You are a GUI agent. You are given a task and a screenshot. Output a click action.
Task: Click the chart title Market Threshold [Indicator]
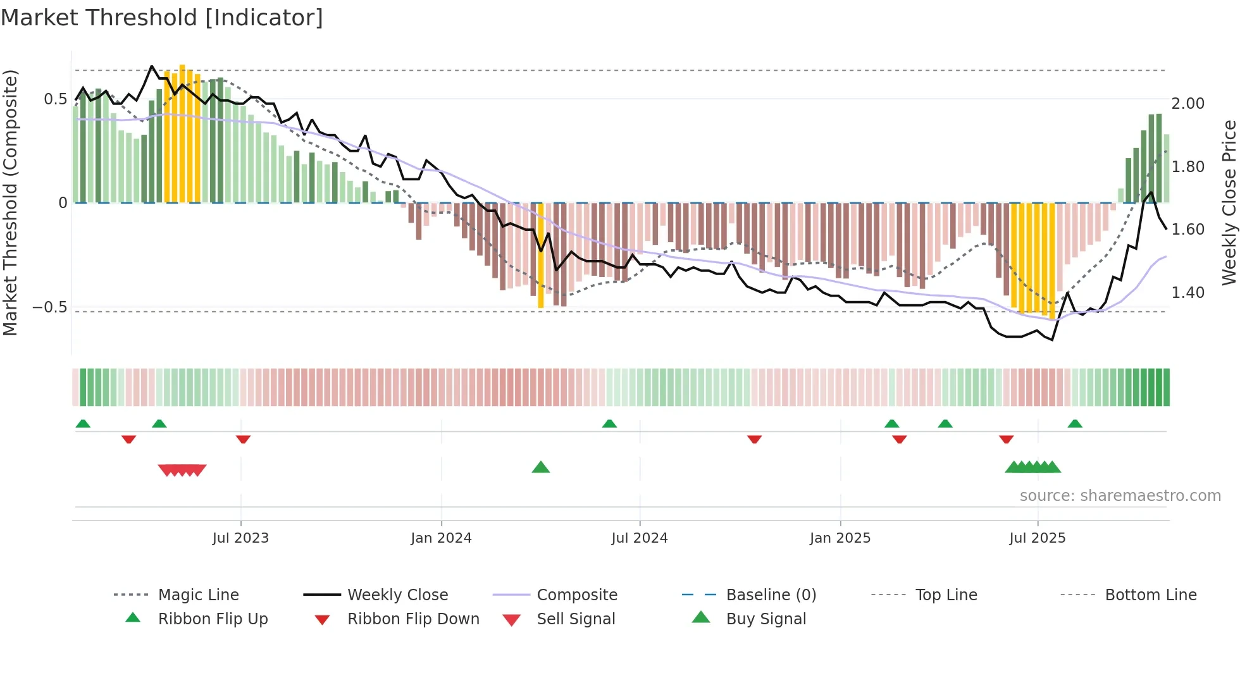pos(162,18)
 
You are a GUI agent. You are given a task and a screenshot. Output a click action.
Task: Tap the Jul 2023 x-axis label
pos(240,538)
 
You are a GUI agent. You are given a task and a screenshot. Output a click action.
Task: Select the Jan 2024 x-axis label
pos(441,538)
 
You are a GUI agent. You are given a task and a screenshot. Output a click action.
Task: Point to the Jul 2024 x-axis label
pos(639,538)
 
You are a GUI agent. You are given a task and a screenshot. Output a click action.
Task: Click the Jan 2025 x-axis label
pos(840,538)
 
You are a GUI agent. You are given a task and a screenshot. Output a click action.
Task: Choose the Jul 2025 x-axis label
pos(1037,538)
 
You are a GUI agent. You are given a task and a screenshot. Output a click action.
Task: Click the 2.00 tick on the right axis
pos(1187,104)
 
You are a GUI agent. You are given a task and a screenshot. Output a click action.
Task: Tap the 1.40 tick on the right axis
pos(1187,293)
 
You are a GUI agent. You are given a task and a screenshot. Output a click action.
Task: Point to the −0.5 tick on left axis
pos(49,307)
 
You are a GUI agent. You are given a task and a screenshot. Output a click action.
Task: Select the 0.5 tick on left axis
pos(55,99)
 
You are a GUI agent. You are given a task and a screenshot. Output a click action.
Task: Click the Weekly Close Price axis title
pos(1229,202)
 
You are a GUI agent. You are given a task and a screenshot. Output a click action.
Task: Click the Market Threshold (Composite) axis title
pos(10,202)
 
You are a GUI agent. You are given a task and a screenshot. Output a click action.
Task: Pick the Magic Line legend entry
pos(198,595)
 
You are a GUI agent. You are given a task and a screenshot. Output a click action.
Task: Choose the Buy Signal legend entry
pos(766,619)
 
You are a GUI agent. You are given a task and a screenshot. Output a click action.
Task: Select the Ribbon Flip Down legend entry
pos(412,619)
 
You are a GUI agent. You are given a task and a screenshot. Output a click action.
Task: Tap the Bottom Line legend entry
pos(1150,595)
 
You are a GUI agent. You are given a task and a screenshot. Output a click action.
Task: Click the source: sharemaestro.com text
pos(1120,496)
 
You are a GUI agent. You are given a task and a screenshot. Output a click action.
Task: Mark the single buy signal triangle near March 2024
pos(541,468)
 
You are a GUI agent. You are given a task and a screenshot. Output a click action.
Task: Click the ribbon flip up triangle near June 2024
pos(609,424)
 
